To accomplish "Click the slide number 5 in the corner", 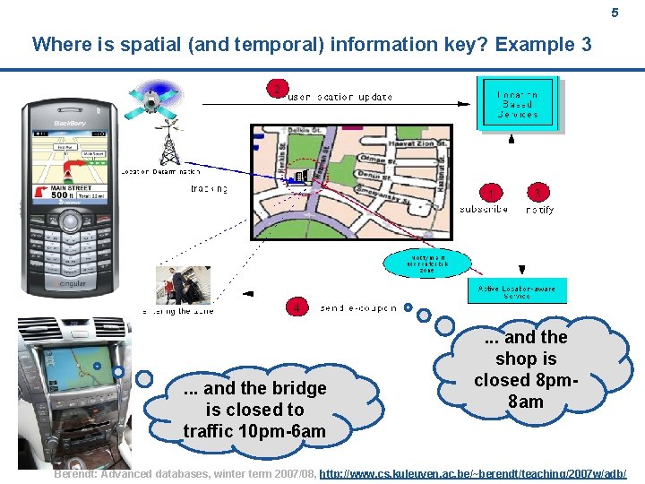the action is tap(615, 13).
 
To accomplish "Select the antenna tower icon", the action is tap(168, 143).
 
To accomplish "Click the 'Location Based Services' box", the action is tap(518, 104).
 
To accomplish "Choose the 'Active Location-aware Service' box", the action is tap(516, 292).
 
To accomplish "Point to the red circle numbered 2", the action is tap(278, 88).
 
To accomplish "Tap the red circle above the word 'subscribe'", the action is tap(491, 192).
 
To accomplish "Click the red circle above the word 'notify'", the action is tap(538, 192).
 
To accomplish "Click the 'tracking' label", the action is tap(209, 189).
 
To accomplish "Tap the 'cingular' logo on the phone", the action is tap(71, 284).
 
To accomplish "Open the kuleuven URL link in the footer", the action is tap(473, 473).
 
